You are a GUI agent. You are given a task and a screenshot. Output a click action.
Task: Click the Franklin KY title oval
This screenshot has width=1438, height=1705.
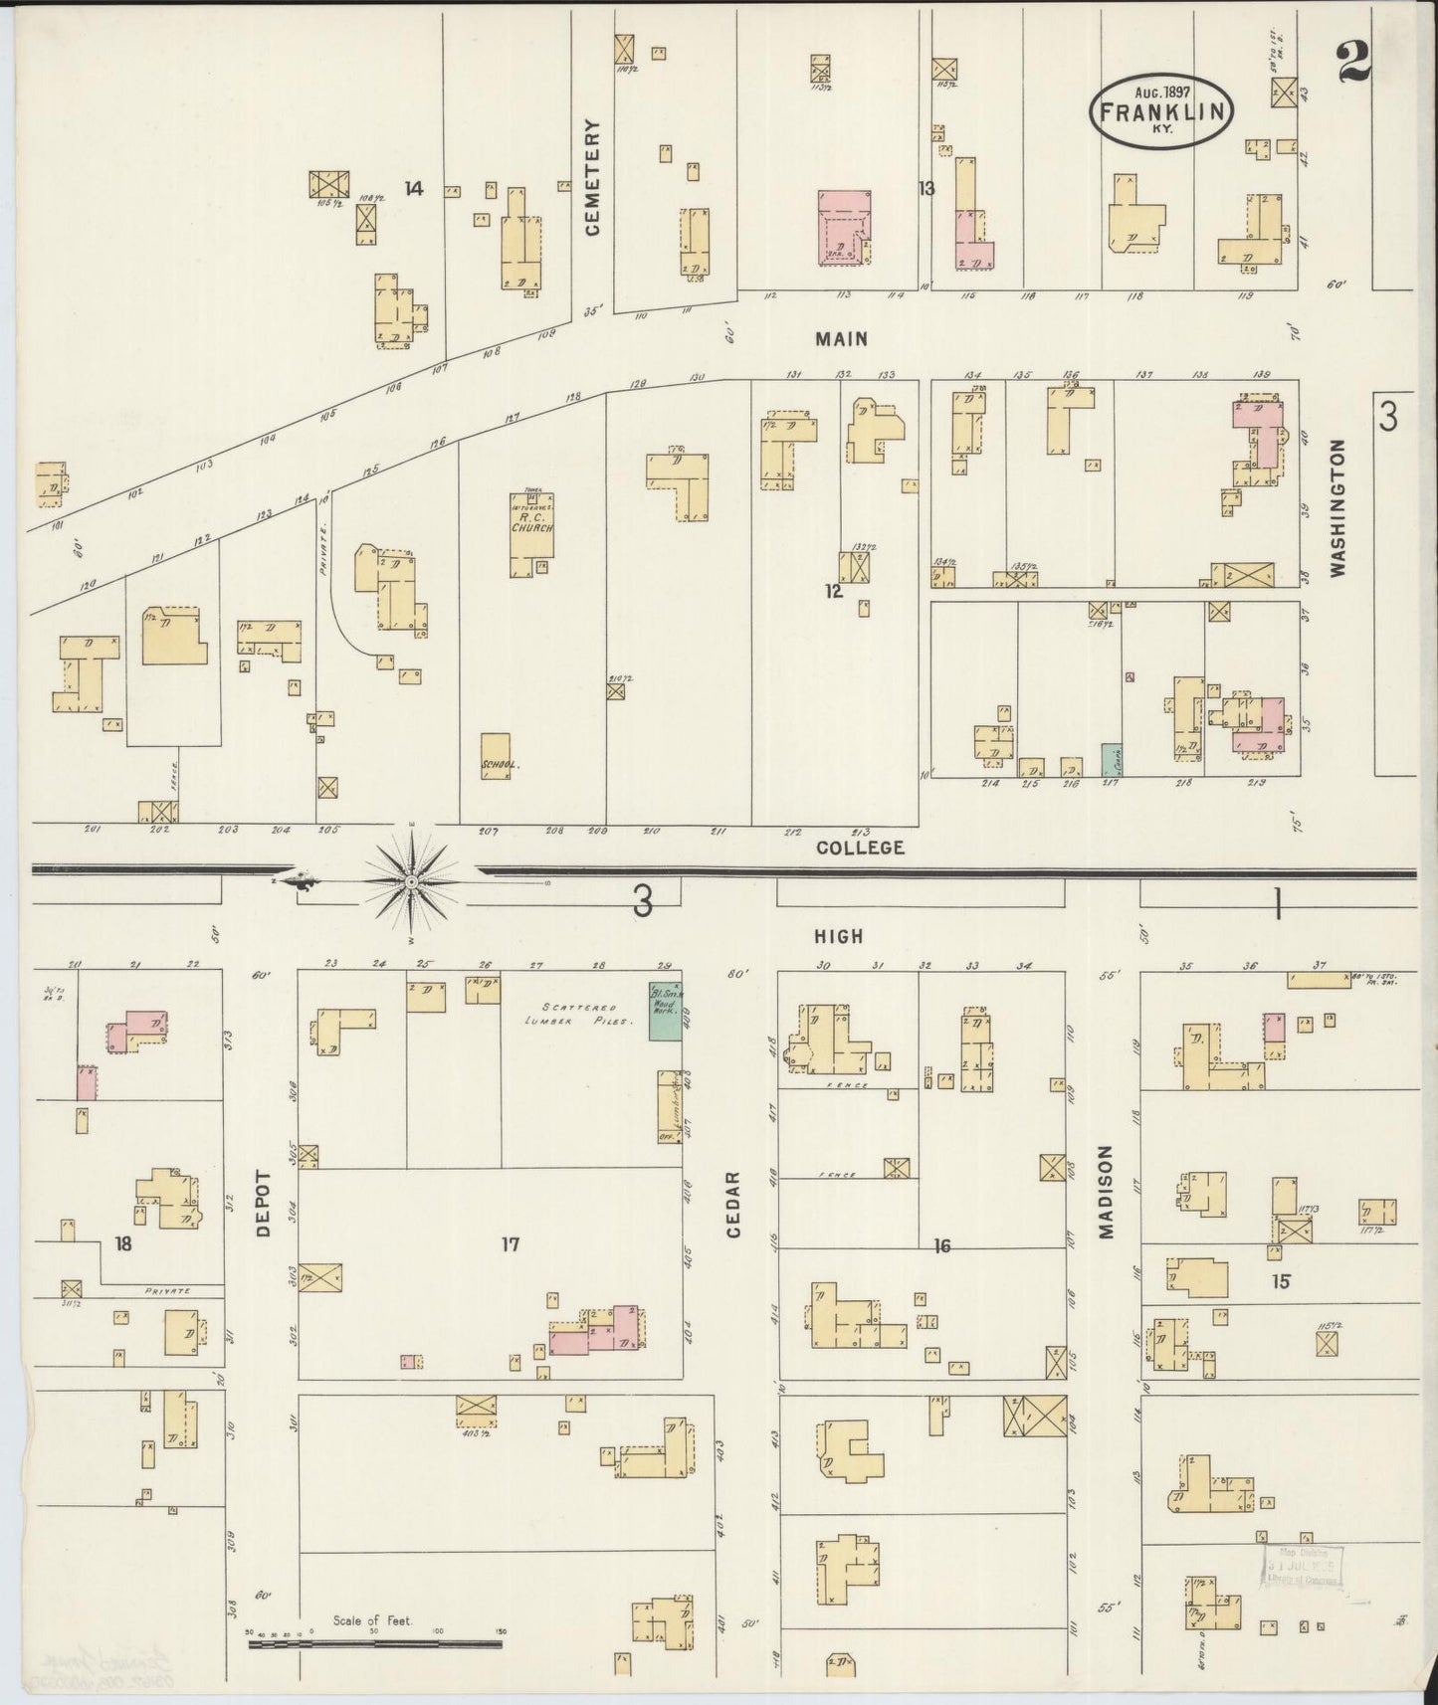coord(1161,111)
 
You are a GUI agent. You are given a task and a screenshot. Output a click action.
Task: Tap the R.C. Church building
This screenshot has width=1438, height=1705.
coord(531,535)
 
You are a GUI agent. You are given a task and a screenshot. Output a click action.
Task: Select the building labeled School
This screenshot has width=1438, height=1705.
coord(497,756)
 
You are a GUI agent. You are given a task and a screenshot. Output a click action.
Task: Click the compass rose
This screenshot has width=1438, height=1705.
coord(410,881)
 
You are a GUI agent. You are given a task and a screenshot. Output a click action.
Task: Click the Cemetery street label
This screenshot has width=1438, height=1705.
coord(593,177)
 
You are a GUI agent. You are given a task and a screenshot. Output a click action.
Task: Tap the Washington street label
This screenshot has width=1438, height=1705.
coord(1336,508)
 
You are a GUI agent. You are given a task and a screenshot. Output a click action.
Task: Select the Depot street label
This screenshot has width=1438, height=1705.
coord(263,1203)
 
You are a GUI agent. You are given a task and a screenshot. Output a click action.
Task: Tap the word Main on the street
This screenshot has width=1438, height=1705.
coord(841,339)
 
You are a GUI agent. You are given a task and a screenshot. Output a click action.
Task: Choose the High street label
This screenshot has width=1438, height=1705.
coord(838,936)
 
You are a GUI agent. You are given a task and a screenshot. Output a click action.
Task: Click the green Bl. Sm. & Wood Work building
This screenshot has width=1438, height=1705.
coord(665,1013)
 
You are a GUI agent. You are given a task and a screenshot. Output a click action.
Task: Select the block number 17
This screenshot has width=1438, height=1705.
coord(511,1243)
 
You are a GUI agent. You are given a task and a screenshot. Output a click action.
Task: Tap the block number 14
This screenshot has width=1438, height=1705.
coord(414,187)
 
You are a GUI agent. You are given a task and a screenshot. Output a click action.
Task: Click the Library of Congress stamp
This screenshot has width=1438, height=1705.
coord(1303,1571)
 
